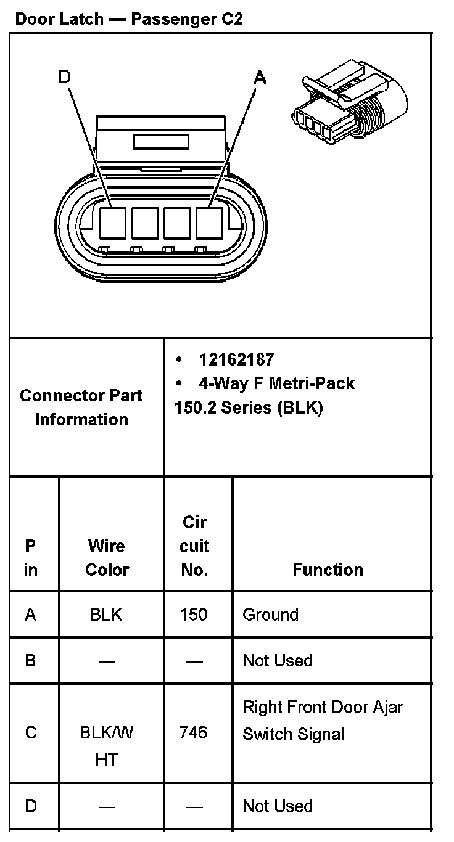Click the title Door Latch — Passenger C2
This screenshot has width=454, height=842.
tap(129, 18)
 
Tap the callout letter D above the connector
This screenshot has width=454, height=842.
tap(64, 76)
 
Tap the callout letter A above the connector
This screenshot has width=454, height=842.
tap(260, 78)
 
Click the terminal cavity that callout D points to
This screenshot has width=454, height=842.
tap(113, 223)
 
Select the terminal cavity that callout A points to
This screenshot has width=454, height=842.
tap(209, 223)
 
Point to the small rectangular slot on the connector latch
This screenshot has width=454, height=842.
tap(160, 142)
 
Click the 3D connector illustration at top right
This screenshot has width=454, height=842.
tap(349, 102)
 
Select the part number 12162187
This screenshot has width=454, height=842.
tap(237, 359)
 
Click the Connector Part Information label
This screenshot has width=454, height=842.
tap(81, 407)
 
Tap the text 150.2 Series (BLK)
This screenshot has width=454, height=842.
tap(249, 407)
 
